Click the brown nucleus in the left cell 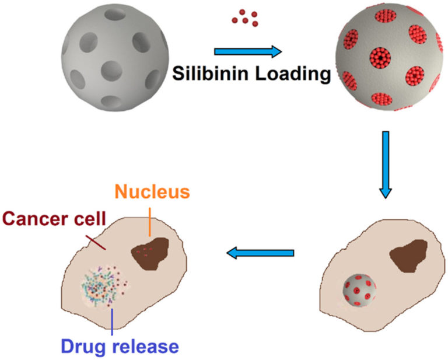pos(148,252)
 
